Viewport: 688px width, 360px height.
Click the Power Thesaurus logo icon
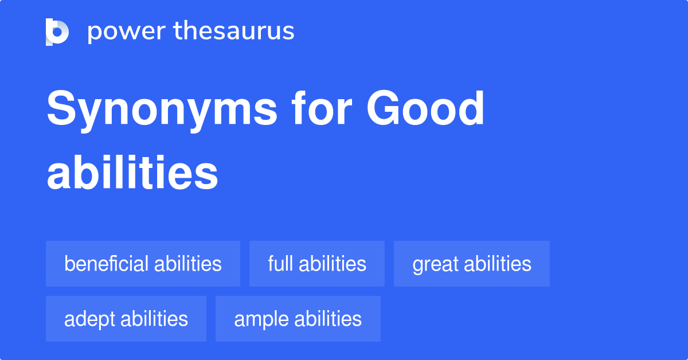[57, 32]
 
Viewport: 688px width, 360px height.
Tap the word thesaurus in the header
[234, 32]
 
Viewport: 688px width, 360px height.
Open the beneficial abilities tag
[143, 264]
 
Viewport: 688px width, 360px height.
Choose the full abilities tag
[316, 264]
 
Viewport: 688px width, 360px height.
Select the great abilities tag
[471, 264]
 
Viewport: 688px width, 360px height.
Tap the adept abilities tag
[126, 319]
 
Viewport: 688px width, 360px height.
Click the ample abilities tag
[298, 319]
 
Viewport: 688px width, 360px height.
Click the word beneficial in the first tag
[107, 264]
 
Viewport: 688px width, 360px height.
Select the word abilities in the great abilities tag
[498, 264]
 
